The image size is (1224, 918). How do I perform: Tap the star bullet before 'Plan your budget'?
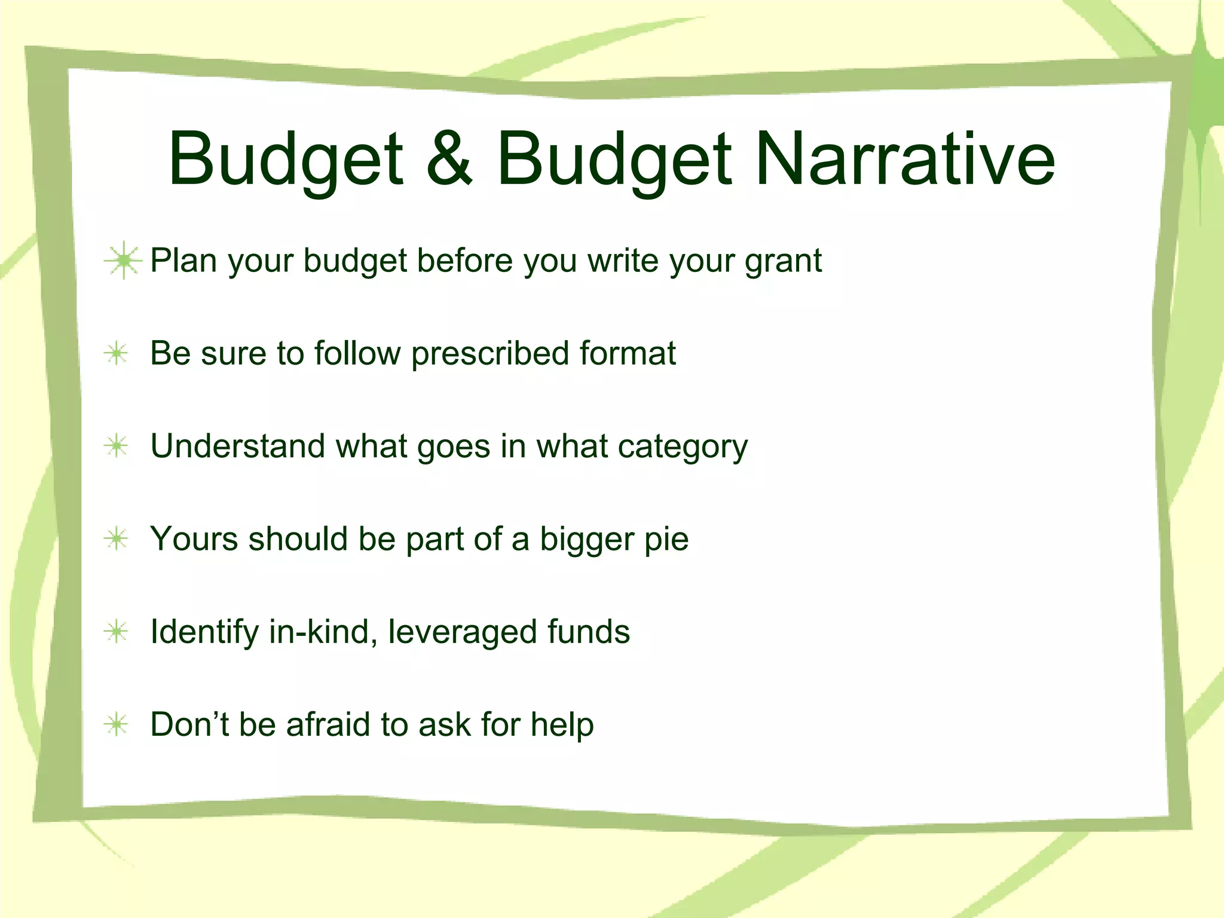tap(123, 261)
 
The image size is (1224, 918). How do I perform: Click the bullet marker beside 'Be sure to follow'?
tap(117, 353)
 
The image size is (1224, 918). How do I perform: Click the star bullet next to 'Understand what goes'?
tap(117, 446)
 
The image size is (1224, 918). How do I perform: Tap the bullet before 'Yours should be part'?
tap(117, 538)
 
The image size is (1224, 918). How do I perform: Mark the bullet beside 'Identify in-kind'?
tap(117, 632)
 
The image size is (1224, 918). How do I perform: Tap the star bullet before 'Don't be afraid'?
tap(117, 724)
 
